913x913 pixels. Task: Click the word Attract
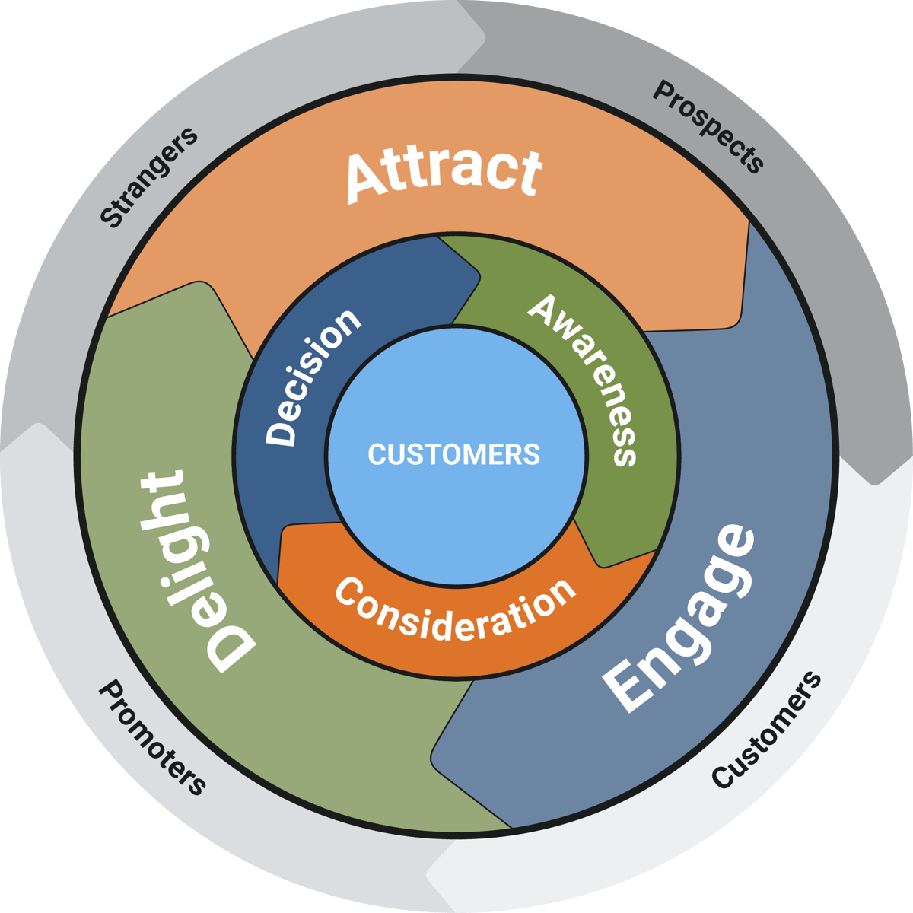point(444,173)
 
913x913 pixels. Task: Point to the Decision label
point(312,377)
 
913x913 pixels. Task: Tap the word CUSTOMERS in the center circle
point(454,454)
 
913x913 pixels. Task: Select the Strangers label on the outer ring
point(148,177)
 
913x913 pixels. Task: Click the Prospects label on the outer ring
point(708,126)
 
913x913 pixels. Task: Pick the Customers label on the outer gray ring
point(767,730)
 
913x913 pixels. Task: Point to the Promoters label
point(152,736)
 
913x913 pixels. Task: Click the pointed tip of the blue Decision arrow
point(479,278)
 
